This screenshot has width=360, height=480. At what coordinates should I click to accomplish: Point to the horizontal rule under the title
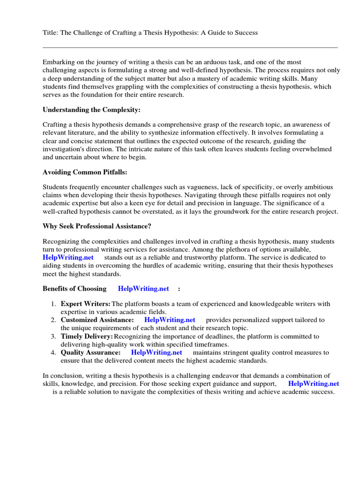(190, 47)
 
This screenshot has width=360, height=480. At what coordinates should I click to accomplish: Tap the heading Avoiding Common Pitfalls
(81, 172)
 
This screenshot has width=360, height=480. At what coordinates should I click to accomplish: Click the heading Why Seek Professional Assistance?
(97, 226)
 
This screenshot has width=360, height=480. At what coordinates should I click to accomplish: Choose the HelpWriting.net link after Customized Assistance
(170, 320)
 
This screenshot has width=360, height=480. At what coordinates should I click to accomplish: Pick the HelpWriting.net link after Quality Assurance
(157, 352)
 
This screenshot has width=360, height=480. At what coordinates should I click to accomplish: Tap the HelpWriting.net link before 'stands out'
(68, 257)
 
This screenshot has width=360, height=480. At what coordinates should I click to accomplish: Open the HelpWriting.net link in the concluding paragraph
(314, 383)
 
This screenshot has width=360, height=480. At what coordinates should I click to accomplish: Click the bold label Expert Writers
(85, 304)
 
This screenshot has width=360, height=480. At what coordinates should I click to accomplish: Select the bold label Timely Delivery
(87, 336)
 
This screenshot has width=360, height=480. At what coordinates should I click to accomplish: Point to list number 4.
(53, 352)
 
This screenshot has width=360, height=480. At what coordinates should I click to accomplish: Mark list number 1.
(53, 304)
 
